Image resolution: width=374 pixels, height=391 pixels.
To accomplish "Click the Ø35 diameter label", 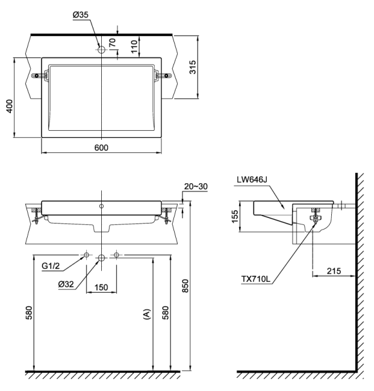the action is click(x=81, y=14).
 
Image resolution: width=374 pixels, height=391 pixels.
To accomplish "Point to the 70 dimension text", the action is click(x=112, y=42).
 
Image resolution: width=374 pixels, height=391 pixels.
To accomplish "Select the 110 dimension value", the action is click(x=134, y=46).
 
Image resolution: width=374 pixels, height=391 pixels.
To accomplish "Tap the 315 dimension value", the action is click(x=193, y=67).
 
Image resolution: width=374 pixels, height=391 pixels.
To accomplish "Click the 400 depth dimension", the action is click(x=10, y=106).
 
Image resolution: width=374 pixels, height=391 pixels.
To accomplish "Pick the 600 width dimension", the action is click(x=101, y=148).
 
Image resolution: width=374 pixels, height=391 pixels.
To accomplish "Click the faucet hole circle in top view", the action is click(x=101, y=50).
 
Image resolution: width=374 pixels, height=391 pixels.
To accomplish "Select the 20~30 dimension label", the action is click(x=196, y=186).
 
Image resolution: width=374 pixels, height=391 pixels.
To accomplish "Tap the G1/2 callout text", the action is click(x=51, y=266).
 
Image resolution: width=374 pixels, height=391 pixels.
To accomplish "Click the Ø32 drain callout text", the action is click(x=66, y=284).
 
